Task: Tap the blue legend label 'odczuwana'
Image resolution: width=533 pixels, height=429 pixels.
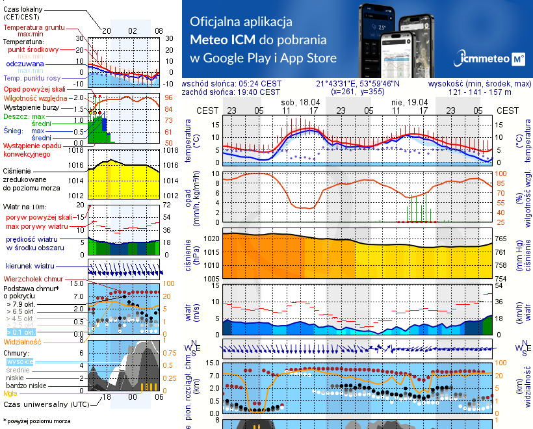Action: pos(25,64)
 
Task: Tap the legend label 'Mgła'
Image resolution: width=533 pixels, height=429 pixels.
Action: pos(10,393)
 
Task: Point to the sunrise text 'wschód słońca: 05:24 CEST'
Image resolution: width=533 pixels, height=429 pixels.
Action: pos(231,84)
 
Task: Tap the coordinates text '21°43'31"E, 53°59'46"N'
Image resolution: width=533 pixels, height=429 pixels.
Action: pos(357,84)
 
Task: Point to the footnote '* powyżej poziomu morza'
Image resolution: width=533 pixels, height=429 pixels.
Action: pos(36,421)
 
